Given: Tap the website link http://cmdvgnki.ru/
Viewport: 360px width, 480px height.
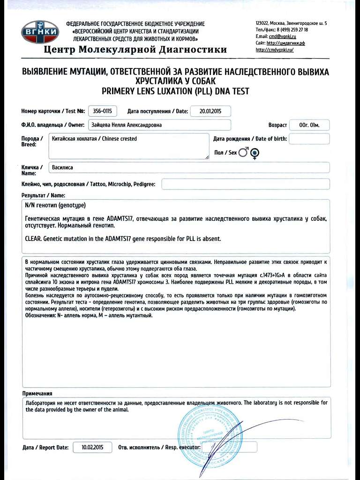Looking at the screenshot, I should click(275, 50).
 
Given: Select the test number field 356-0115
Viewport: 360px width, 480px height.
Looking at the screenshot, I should click(102, 111).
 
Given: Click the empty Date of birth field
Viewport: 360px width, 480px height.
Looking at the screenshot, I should click(309, 139).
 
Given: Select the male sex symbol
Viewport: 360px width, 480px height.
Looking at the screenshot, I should click(243, 152).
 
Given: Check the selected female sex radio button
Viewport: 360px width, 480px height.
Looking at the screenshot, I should click(255, 152).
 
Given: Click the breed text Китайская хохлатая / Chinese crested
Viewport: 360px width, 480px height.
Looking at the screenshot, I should click(95, 139).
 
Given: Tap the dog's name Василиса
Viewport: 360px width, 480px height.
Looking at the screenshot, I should click(63, 167).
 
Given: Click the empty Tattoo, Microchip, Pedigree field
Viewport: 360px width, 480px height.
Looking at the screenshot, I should click(245, 184).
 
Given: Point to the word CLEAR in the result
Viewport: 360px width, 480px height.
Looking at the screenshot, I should click(32, 239).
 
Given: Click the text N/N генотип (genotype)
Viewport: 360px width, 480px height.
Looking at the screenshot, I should click(55, 205).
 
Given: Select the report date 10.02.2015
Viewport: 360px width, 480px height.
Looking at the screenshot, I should click(92, 447).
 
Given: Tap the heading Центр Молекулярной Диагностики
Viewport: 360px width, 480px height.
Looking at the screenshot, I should click(135, 50).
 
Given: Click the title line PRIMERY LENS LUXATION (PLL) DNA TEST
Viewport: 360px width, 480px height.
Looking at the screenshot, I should click(175, 91).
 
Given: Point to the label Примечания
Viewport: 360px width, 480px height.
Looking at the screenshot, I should click(37, 393).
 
